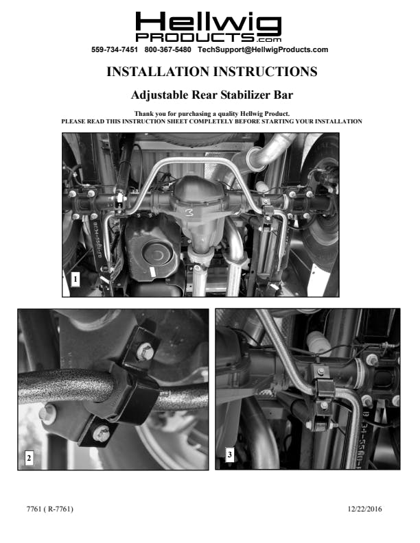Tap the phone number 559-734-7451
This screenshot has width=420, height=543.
click(x=115, y=49)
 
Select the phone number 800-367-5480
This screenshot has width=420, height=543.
click(x=167, y=49)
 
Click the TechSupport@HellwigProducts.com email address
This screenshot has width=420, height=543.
click(x=263, y=49)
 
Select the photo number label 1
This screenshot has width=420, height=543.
click(x=75, y=279)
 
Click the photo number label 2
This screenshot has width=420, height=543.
click(x=29, y=458)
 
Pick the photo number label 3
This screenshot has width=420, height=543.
click(x=230, y=454)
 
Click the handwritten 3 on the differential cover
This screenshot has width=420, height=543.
click(x=189, y=213)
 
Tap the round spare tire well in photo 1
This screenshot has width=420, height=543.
click(x=158, y=254)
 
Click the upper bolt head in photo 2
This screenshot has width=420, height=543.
click(x=145, y=352)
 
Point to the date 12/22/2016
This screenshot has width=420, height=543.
click(x=364, y=509)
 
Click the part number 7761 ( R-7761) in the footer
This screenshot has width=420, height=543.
click(x=50, y=509)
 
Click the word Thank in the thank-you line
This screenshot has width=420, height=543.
click(x=143, y=114)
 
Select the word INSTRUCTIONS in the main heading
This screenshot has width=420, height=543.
click(x=265, y=72)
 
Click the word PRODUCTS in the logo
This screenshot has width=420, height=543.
click(x=195, y=38)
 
